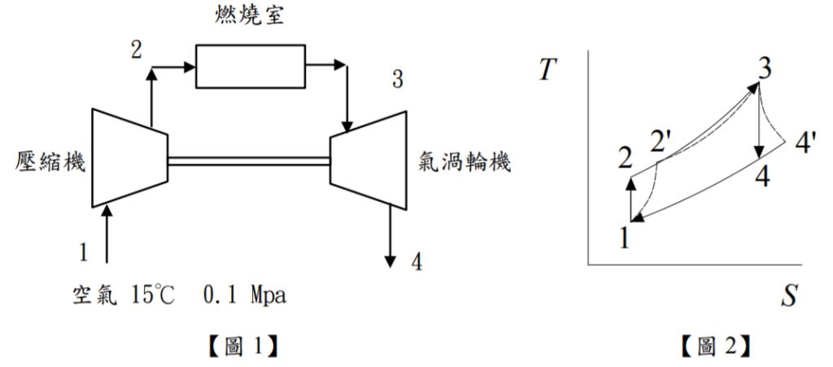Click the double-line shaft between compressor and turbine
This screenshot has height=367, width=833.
248,160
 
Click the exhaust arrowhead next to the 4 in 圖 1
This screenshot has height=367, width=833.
391,260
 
